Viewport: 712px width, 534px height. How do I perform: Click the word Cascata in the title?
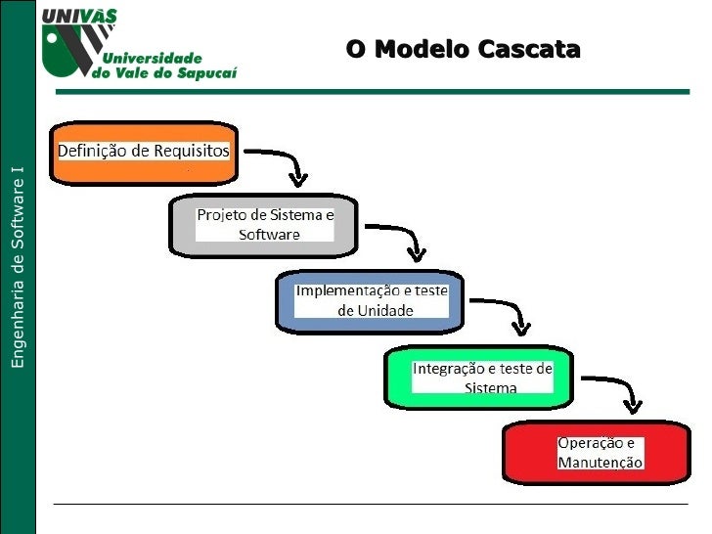coord(530,49)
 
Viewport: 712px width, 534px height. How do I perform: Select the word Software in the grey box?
coord(269,235)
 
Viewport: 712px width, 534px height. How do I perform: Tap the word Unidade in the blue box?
coord(376,311)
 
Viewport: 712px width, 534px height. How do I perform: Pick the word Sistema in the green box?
coord(491,387)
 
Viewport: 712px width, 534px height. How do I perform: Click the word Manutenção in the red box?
coord(601,462)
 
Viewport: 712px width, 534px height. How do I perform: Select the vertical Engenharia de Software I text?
coord(17,267)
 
